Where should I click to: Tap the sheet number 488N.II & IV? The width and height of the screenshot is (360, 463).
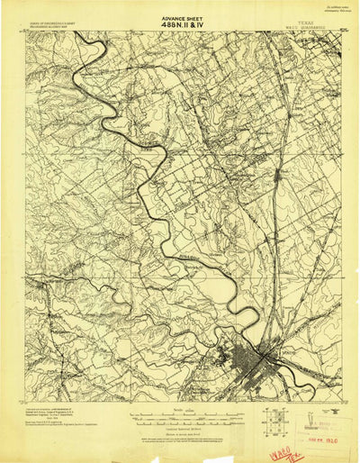[x=179, y=24]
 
